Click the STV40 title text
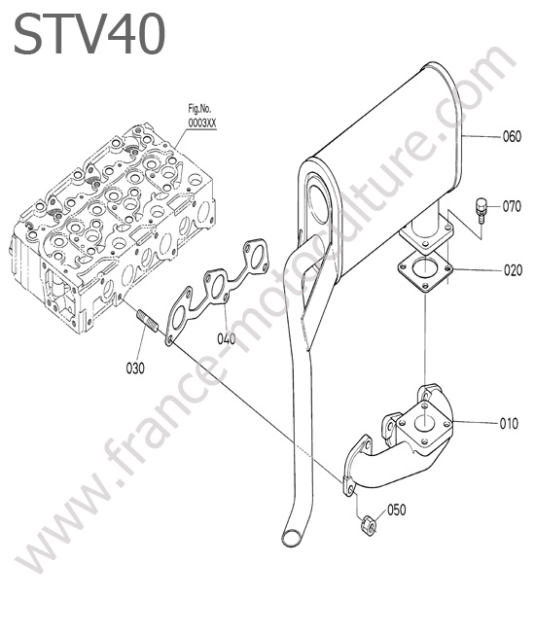[x=89, y=33]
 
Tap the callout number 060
[x=512, y=137]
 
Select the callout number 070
[x=512, y=207]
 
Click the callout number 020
[x=513, y=270]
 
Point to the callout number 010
[x=509, y=424]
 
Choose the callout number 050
[x=396, y=509]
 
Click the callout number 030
[x=135, y=368]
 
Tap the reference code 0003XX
[x=202, y=123]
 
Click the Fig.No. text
[x=199, y=109]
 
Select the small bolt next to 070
[x=481, y=210]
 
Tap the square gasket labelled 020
[x=425, y=273]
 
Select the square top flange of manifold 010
[x=423, y=423]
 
